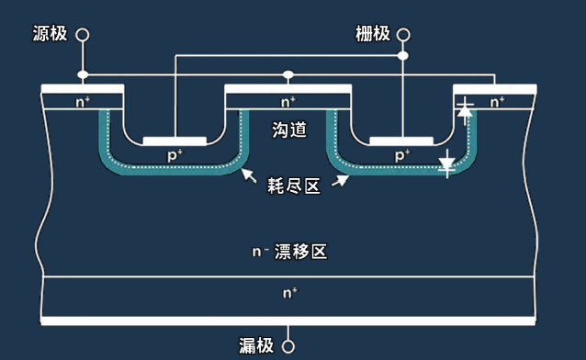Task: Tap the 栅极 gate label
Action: (x=372, y=34)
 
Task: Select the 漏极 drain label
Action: (x=256, y=345)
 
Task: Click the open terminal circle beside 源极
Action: (x=83, y=35)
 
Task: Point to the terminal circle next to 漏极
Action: (x=288, y=346)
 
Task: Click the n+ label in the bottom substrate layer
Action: (x=288, y=293)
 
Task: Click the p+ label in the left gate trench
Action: (x=175, y=156)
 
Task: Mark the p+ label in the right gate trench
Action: (x=401, y=156)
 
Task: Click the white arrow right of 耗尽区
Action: (x=341, y=179)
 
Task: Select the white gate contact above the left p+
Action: (x=175, y=141)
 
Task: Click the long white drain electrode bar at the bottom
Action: (x=288, y=321)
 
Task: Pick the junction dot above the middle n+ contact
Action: (x=288, y=74)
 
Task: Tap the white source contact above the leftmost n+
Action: (x=83, y=88)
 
